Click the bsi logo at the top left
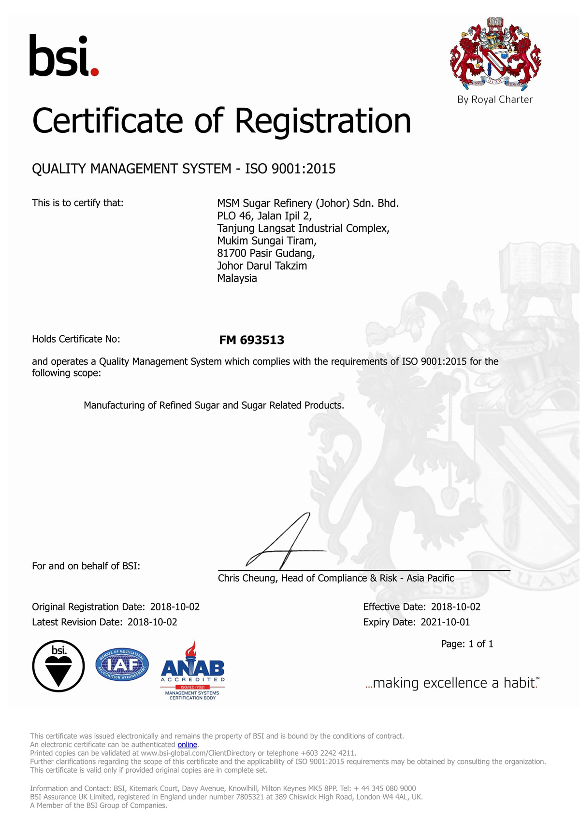(64, 56)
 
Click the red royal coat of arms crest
(495, 54)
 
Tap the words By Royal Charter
(495, 100)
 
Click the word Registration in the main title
(322, 121)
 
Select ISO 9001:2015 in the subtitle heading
(290, 169)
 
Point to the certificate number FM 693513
(251, 340)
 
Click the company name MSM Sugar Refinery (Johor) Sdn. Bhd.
(308, 203)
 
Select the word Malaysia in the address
(237, 278)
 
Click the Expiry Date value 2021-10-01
(445, 622)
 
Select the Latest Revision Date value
(152, 622)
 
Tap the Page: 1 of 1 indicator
(467, 644)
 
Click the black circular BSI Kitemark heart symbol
(58, 666)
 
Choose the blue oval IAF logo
(122, 665)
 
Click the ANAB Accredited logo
(192, 671)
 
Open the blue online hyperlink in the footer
(187, 745)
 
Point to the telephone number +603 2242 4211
(328, 753)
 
